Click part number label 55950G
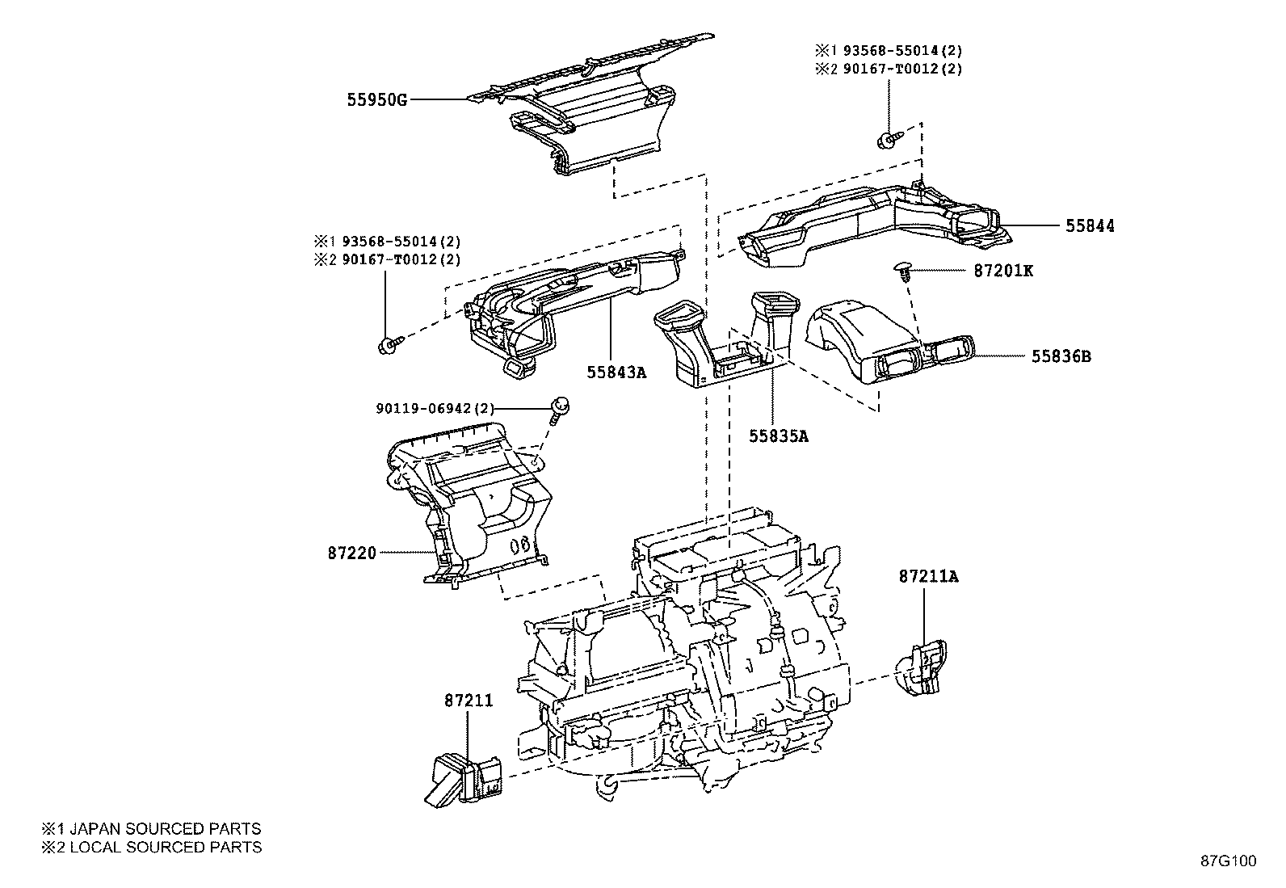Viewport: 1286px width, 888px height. (376, 100)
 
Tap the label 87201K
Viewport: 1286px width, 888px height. (1002, 271)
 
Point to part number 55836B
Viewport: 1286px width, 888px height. (1061, 356)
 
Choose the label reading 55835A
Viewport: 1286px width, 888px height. (778, 436)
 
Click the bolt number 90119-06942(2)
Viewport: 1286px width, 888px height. (435, 409)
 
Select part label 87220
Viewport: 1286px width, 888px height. (352, 553)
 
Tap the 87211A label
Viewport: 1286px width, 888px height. (928, 576)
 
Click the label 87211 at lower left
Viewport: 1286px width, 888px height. (468, 701)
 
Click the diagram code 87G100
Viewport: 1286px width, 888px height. (1228, 861)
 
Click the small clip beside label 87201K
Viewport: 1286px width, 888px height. (904, 270)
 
